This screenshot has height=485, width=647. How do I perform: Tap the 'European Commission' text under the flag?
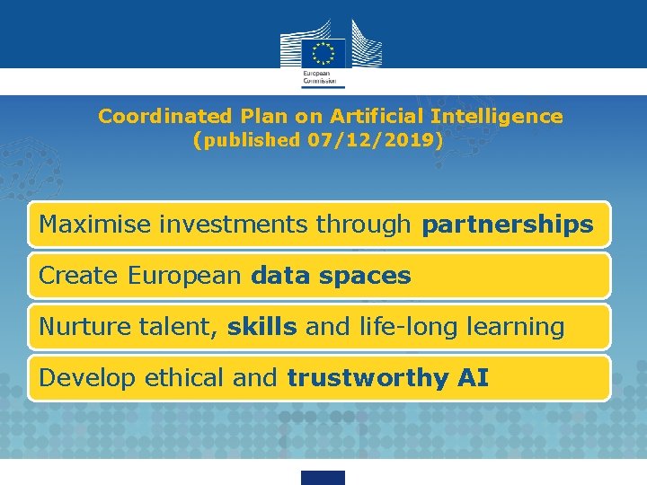[x=315, y=77]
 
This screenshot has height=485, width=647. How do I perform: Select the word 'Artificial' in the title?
[x=377, y=117]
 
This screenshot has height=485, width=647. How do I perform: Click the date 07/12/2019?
[x=370, y=140]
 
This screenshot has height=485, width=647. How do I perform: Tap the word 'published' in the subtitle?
[x=253, y=140]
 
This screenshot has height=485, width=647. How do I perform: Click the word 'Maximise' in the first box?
[x=96, y=225]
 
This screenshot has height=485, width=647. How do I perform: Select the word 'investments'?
[x=235, y=225]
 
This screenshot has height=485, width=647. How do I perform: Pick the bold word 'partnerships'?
[x=507, y=225]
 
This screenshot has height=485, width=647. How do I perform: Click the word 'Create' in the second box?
[x=79, y=276]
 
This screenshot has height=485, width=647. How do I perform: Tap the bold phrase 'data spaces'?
[x=331, y=276]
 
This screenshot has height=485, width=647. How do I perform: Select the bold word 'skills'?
[x=261, y=327]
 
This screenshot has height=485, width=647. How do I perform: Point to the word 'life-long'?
[x=419, y=327]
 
